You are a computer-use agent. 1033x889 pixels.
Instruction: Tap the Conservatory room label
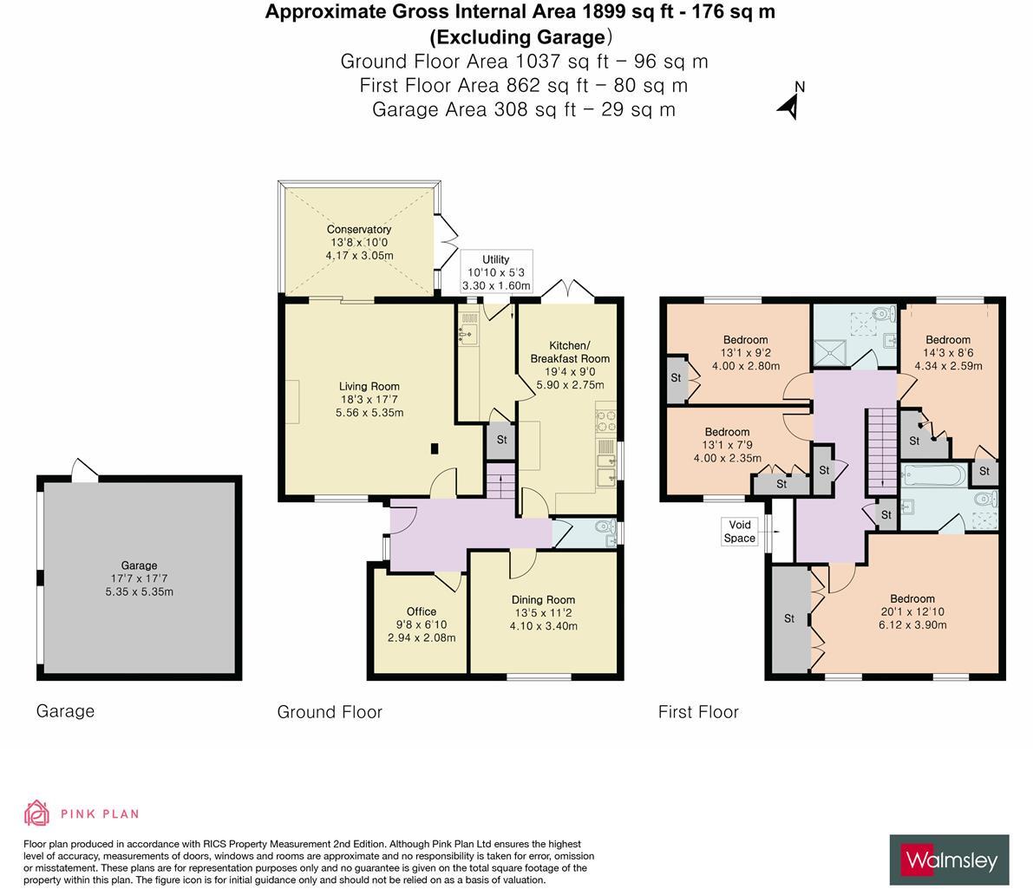click(x=359, y=230)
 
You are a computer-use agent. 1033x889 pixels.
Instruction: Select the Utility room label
click(x=495, y=259)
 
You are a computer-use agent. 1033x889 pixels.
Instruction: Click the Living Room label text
click(x=369, y=387)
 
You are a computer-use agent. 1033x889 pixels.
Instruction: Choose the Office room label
click(x=422, y=611)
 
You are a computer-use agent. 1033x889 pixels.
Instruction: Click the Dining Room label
click(x=543, y=600)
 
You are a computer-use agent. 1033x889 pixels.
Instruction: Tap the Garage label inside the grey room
click(x=139, y=565)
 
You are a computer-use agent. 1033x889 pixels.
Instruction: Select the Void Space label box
click(x=740, y=532)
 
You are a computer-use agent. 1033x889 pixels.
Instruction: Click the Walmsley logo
click(x=949, y=860)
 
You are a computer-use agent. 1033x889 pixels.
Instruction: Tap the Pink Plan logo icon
click(x=36, y=813)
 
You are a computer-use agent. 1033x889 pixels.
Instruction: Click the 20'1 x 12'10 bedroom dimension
click(x=912, y=611)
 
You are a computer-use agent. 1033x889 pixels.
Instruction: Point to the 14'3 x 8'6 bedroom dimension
click(x=948, y=353)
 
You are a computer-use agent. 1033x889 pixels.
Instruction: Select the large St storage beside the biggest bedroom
click(x=788, y=619)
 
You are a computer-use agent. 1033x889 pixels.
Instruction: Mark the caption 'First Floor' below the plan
click(x=698, y=712)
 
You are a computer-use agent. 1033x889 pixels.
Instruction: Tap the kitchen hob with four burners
click(x=605, y=421)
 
